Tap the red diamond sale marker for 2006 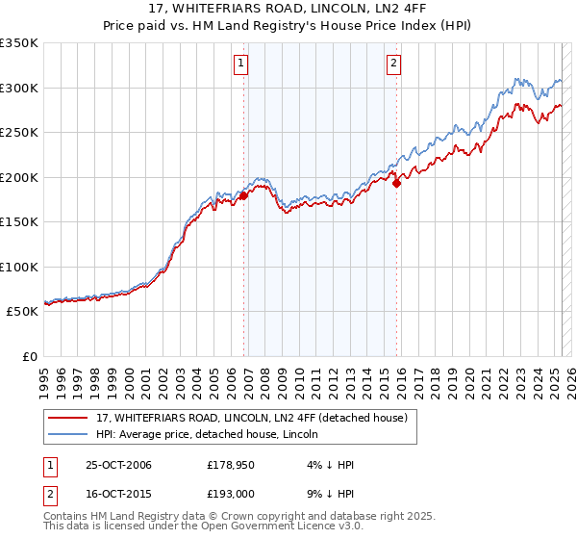click(x=243, y=195)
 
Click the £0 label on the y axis click(x=29, y=356)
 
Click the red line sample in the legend click(x=68, y=418)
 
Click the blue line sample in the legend click(x=68, y=434)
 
